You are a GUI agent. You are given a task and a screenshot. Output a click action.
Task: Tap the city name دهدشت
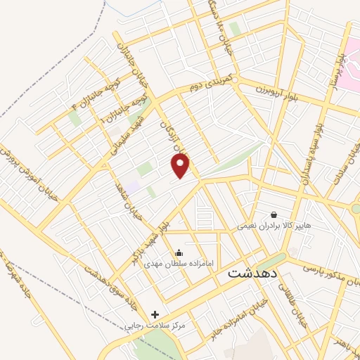pos(253,274)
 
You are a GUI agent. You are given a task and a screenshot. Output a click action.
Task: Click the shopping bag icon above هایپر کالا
pos(274,214)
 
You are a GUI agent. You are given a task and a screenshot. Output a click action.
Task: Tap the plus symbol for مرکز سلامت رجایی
pos(155,314)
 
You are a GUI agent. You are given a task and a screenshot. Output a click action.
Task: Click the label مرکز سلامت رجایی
pos(154,326)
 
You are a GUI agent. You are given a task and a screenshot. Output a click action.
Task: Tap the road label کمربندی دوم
pos(213,83)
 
